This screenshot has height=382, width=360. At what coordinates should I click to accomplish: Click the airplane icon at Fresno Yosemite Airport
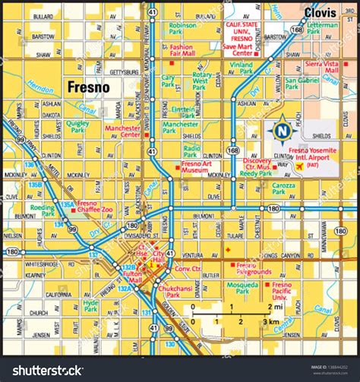click(x=300, y=166)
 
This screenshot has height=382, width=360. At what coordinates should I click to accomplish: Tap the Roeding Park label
click(x=43, y=209)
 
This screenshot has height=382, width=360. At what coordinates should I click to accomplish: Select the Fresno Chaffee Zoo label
click(x=97, y=207)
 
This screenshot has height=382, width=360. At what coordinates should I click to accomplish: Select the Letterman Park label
click(x=322, y=29)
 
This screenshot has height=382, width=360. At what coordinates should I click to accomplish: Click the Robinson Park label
click(x=182, y=29)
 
